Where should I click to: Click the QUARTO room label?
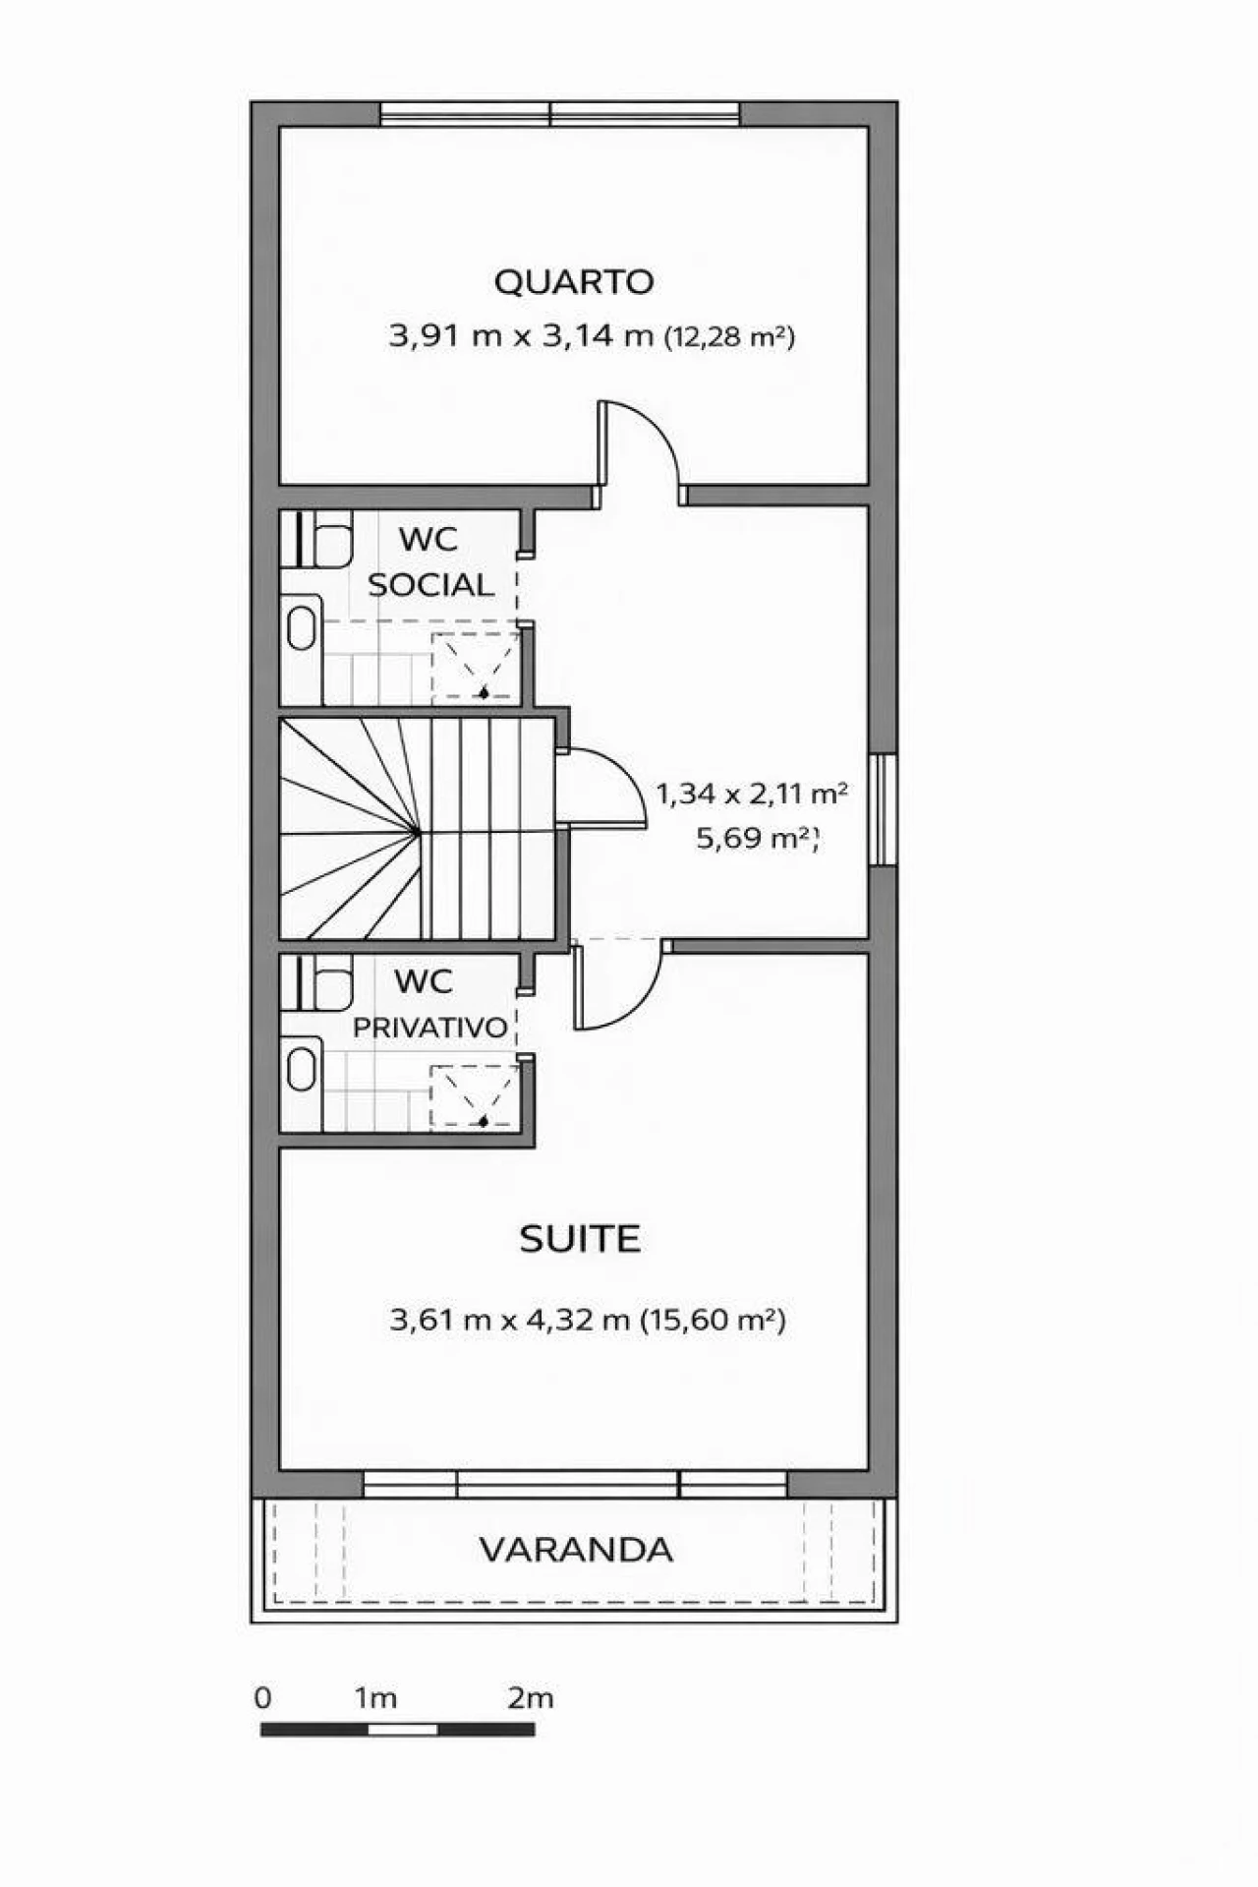pyautogui.click(x=574, y=282)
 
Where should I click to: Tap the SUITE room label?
pyautogui.click(x=580, y=1239)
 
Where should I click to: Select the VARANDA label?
pyautogui.click(x=576, y=1551)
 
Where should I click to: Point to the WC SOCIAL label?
pyautogui.click(x=429, y=561)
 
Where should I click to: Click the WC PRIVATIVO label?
pyautogui.click(x=429, y=1004)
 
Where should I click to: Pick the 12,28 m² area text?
pyautogui.click(x=729, y=337)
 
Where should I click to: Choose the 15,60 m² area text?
pyautogui.click(x=713, y=1320)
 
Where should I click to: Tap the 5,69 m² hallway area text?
pyautogui.click(x=756, y=839)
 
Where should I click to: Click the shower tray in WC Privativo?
pyautogui.click(x=475, y=1096)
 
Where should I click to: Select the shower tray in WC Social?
pyautogui.click(x=476, y=667)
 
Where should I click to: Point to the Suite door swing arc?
pyautogui.click(x=639, y=1005)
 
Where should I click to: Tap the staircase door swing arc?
pyautogui.click(x=625, y=770)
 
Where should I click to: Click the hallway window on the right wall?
pyautogui.click(x=883, y=809)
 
